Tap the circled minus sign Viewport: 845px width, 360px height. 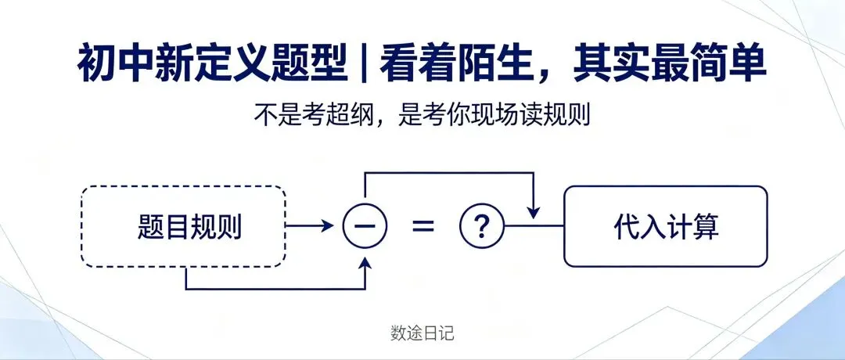tap(365, 226)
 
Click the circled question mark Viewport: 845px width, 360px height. tap(482, 226)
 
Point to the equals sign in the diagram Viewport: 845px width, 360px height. tap(423, 226)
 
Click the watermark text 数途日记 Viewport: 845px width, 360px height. tap(422, 333)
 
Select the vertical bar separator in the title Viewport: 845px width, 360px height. tap(365, 63)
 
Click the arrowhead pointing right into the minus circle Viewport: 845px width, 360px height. tap(328, 226)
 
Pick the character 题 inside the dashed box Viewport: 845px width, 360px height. tap(150, 228)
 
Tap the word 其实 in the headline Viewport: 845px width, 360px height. tap(612, 63)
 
